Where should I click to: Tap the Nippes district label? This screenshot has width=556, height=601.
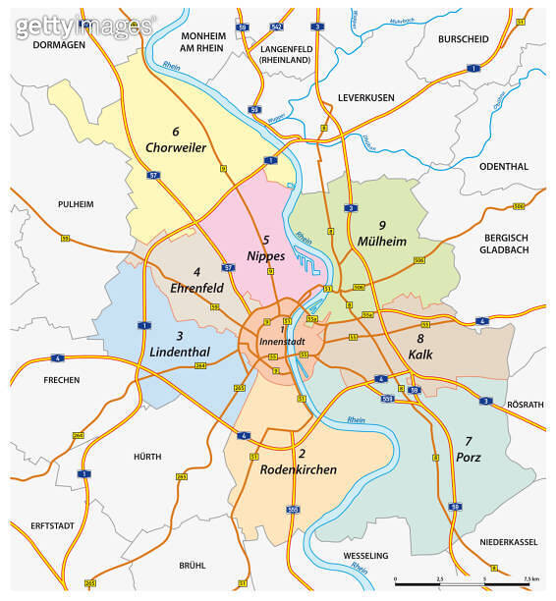[266, 255]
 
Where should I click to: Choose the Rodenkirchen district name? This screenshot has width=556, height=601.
[299, 469]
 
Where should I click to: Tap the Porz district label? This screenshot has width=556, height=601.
[469, 457]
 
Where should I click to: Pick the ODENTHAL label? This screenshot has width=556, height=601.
[504, 166]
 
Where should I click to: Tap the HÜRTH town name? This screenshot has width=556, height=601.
[146, 457]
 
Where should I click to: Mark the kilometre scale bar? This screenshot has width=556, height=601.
[462, 583]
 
